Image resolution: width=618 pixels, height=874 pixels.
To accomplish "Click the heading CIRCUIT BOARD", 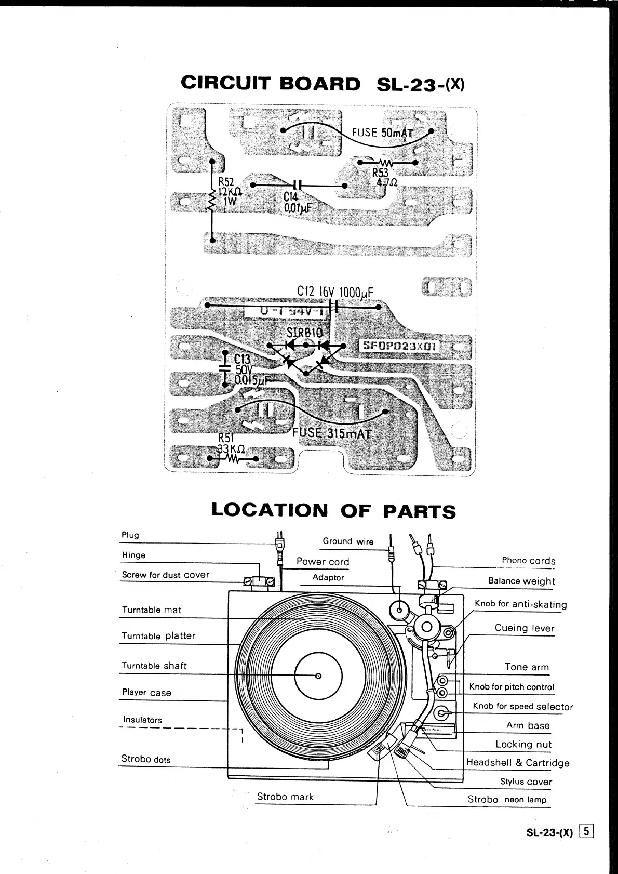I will pyautogui.click(x=271, y=83).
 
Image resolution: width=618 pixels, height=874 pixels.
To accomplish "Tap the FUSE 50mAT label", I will pyautogui.click(x=382, y=133).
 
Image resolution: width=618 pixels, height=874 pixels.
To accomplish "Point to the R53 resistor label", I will pyautogui.click(x=380, y=173).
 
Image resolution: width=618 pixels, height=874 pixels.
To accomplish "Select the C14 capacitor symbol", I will pyautogui.click(x=297, y=185).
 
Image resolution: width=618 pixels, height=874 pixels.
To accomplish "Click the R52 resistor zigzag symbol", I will pyautogui.click(x=212, y=201).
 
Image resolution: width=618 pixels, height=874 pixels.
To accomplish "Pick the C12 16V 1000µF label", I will pyautogui.click(x=335, y=292).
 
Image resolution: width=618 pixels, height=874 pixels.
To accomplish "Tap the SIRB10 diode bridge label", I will pyautogui.click(x=304, y=333).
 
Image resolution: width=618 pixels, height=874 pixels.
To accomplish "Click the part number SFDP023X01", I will pyautogui.click(x=399, y=346).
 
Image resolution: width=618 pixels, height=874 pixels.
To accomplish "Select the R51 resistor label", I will pyautogui.click(x=226, y=438).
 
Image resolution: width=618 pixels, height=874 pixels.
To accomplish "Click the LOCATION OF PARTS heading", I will pyautogui.click(x=333, y=510).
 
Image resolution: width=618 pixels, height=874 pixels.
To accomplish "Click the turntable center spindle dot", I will pyautogui.click(x=318, y=676).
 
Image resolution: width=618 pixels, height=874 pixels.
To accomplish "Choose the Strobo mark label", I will pyautogui.click(x=285, y=797).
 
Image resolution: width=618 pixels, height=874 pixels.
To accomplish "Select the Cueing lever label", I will pyautogui.click(x=524, y=628).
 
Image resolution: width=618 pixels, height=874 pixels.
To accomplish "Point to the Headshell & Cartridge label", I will pyautogui.click(x=517, y=762).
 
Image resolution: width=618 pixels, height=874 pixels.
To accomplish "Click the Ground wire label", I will pyautogui.click(x=348, y=541).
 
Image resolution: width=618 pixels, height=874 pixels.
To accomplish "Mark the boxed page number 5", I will pyautogui.click(x=587, y=831).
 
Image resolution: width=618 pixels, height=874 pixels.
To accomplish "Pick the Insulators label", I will pyautogui.click(x=142, y=720).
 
